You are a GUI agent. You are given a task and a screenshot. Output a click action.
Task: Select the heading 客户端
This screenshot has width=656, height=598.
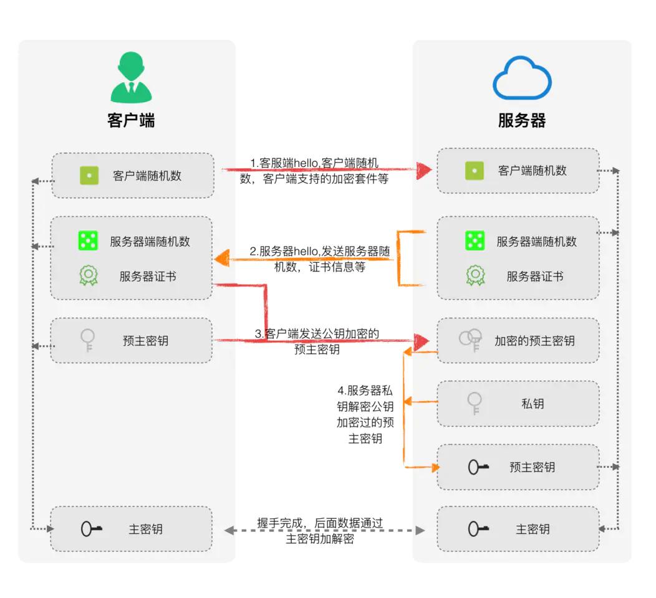click(x=131, y=120)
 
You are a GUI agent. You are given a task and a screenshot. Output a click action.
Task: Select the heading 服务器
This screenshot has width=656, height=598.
click(x=522, y=120)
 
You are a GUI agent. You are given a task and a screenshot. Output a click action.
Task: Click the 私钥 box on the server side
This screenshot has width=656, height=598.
click(x=518, y=404)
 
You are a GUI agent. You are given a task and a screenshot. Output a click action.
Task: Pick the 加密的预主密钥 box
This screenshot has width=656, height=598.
click(x=518, y=341)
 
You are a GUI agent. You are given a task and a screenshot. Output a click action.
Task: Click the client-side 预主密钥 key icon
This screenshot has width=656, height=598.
click(x=88, y=341)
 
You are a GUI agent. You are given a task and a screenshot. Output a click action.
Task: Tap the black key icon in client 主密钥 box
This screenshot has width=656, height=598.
click(x=92, y=529)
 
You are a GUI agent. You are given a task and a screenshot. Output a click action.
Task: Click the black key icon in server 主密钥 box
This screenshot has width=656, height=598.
click(x=478, y=529)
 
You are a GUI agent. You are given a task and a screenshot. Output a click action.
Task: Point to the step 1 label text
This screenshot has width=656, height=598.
click(x=314, y=171)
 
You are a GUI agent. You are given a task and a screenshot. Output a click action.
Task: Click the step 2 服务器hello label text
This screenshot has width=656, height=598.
click(x=319, y=259)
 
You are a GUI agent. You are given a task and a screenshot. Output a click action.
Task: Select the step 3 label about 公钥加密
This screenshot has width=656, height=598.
click(x=317, y=341)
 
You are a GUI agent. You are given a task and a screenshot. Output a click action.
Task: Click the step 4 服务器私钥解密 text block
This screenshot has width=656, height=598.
click(x=365, y=415)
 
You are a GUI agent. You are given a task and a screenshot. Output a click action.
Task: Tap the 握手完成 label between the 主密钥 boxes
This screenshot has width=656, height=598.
click(x=319, y=531)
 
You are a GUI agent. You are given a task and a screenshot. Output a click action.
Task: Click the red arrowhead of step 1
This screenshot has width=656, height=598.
click(x=424, y=170)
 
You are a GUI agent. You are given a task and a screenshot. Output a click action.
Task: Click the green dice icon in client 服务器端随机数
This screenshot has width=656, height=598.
click(x=89, y=241)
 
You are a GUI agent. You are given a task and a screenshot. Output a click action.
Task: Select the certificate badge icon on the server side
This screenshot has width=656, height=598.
click(x=475, y=276)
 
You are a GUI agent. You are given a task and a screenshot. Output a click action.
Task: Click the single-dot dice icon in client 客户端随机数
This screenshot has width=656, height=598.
click(x=89, y=176)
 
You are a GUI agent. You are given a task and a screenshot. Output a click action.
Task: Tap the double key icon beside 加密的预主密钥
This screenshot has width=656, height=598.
click(x=470, y=339)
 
